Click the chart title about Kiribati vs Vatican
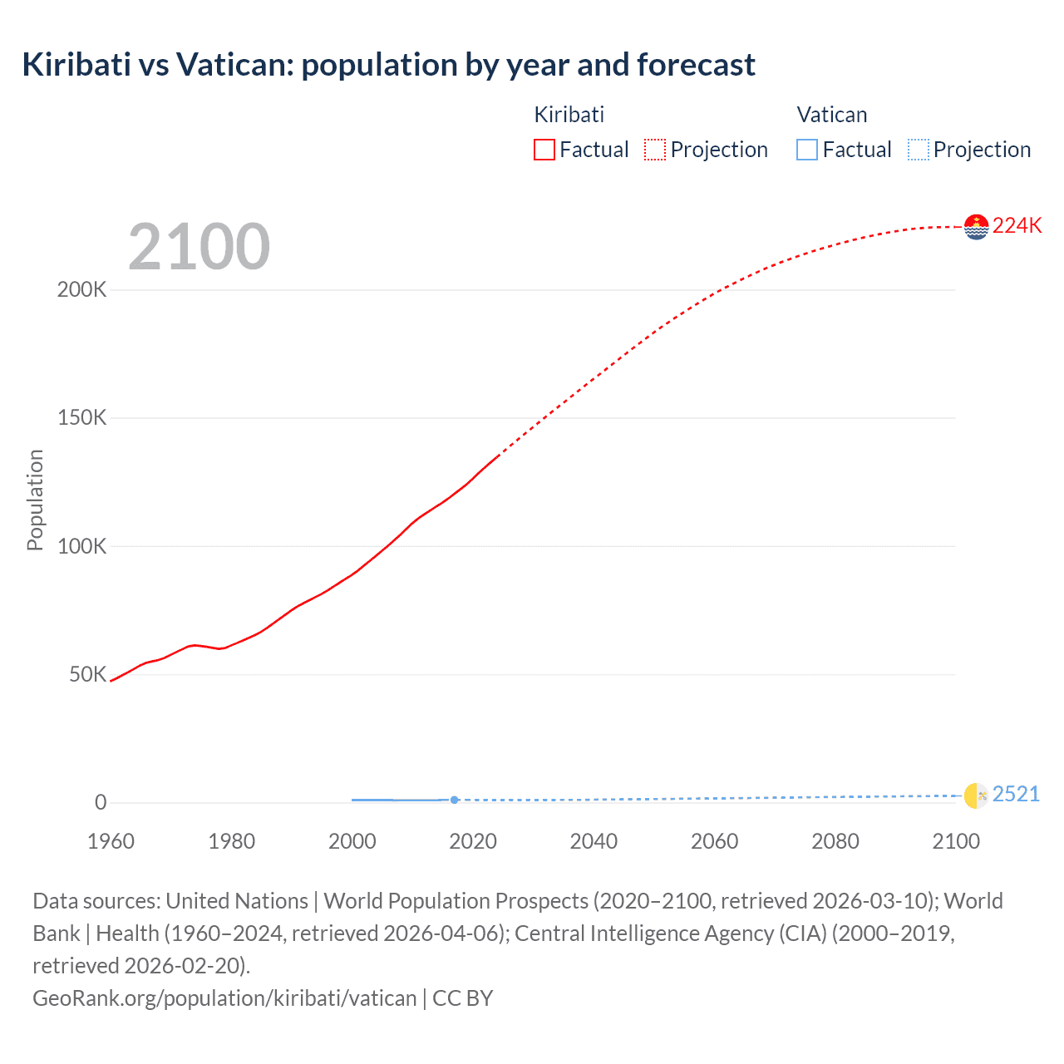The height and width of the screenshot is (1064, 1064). (x=388, y=65)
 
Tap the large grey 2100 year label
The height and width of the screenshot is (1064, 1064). (x=199, y=247)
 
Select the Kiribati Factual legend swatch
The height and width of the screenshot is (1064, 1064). (x=544, y=150)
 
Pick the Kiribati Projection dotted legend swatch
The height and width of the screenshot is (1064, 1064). (x=655, y=150)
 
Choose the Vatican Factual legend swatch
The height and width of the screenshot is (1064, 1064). (x=806, y=150)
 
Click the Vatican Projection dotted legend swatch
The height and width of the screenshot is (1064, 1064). (x=918, y=150)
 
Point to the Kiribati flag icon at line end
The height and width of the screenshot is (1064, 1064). (x=976, y=226)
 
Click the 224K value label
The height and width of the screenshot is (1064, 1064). (x=1017, y=226)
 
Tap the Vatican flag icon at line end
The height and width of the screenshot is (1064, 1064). (x=976, y=796)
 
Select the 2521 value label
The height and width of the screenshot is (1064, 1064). (x=1016, y=795)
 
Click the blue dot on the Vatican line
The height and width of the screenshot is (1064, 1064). (x=454, y=800)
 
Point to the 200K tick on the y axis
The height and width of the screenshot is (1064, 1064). (x=81, y=290)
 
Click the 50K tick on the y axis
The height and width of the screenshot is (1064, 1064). (x=87, y=674)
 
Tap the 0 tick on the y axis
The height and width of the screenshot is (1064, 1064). (x=101, y=802)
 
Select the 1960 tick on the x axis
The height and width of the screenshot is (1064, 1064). (x=111, y=841)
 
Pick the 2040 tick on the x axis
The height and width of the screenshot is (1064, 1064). (x=594, y=841)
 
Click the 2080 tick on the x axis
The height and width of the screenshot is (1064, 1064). (x=835, y=841)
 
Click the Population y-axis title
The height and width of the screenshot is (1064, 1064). (x=35, y=500)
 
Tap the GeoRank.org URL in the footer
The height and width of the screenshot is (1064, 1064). (x=224, y=997)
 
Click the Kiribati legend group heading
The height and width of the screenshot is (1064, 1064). (x=569, y=115)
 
